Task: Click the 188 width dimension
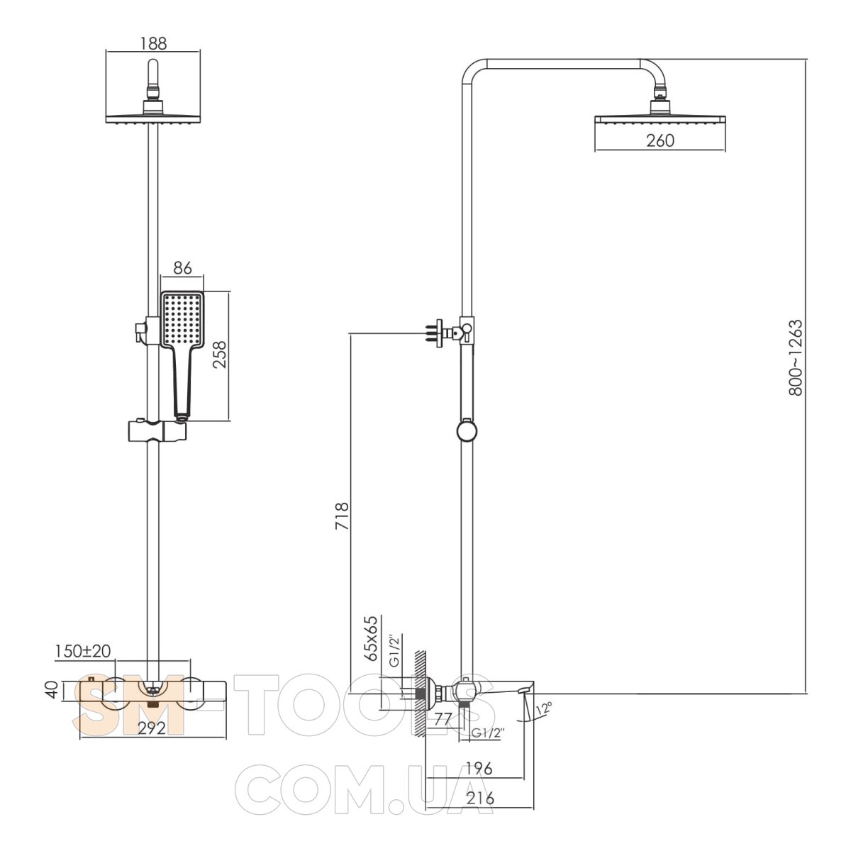[153, 43]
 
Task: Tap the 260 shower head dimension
[660, 140]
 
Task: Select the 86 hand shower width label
[182, 267]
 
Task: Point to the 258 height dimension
[219, 355]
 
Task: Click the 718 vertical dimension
[342, 516]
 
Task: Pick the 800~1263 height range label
[795, 357]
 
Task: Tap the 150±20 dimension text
[83, 651]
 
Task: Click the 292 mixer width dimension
[152, 728]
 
